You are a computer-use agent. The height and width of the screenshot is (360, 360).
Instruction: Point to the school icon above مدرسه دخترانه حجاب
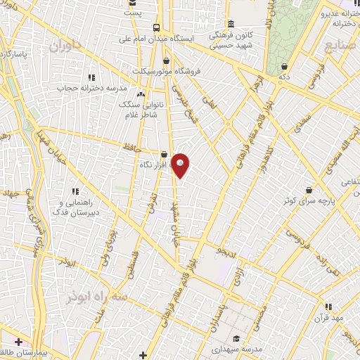90,77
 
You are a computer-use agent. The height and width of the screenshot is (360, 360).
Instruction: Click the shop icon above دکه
283,67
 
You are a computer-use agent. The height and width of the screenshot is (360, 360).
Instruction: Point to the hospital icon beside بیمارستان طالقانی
17,342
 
